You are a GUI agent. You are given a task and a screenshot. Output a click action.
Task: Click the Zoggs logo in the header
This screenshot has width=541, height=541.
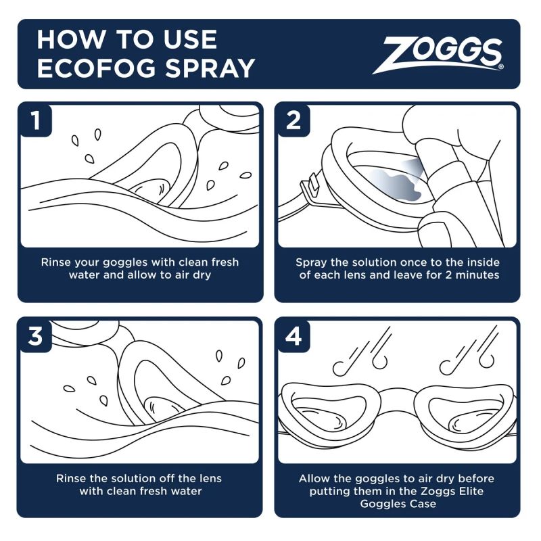[x=443, y=54]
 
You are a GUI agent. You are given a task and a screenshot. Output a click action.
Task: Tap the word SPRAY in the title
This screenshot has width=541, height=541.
[x=214, y=68]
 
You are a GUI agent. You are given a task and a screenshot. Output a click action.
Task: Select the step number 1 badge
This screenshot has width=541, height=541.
[x=35, y=120]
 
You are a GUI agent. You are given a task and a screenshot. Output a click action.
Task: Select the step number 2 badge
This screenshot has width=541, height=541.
[x=293, y=120]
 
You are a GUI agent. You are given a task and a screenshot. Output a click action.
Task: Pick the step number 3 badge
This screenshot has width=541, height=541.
[x=35, y=336]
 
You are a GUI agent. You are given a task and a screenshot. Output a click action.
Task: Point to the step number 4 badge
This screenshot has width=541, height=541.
[x=293, y=336]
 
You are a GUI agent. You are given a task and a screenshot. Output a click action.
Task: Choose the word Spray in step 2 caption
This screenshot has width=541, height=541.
[x=312, y=262]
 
